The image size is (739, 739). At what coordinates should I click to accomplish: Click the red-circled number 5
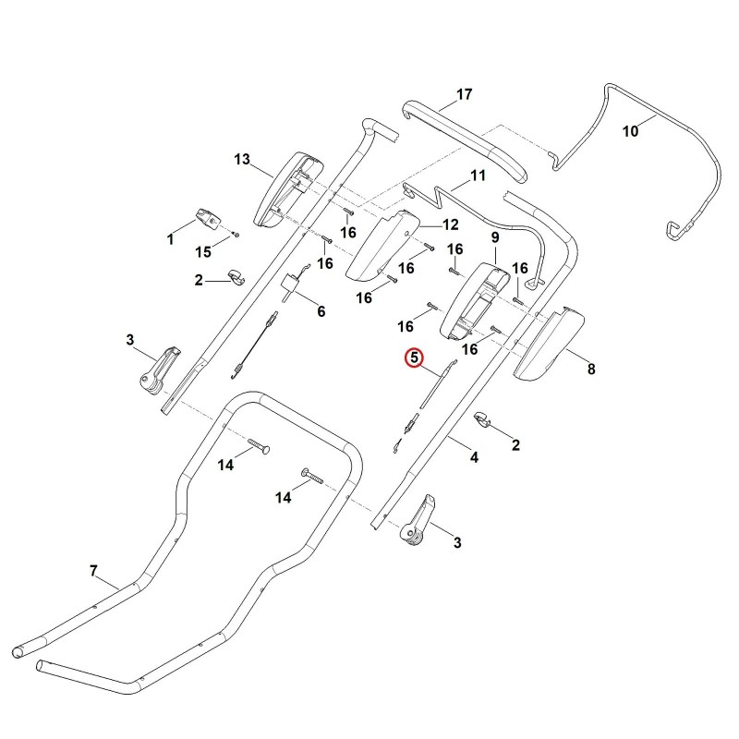pyautogui.click(x=414, y=357)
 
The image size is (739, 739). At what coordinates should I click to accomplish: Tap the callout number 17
pyautogui.click(x=465, y=94)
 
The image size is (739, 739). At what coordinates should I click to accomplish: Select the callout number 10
pyautogui.click(x=631, y=131)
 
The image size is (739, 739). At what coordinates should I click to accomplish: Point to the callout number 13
pyautogui.click(x=242, y=159)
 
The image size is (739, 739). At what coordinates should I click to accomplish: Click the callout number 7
pyautogui.click(x=93, y=571)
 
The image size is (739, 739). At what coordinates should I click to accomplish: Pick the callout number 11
pyautogui.click(x=478, y=176)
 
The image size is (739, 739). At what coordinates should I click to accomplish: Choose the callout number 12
pyautogui.click(x=451, y=224)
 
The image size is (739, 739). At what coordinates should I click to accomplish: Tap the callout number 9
pyautogui.click(x=495, y=237)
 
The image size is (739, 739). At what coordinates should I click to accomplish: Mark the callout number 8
pyautogui.click(x=591, y=369)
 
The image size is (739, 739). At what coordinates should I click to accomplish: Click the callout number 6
pyautogui.click(x=321, y=311)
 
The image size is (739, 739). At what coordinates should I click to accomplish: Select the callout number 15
pyautogui.click(x=203, y=252)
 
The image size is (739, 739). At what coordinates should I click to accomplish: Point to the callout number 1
pyautogui.click(x=171, y=239)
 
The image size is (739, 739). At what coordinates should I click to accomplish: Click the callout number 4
pyautogui.click(x=474, y=457)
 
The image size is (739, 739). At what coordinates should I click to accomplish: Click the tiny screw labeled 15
pyautogui.click(x=236, y=234)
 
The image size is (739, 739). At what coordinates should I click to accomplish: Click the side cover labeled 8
pyautogui.click(x=549, y=344)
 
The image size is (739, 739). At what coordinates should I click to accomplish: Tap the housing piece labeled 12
pyautogui.click(x=382, y=244)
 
